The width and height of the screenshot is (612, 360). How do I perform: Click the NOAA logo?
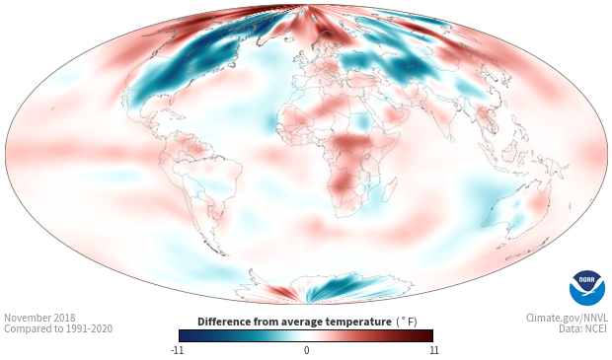587,288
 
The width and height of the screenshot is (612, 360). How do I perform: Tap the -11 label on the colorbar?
177,350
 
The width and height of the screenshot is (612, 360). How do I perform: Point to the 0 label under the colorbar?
306,350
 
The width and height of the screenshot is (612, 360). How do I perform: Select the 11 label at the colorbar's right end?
433,350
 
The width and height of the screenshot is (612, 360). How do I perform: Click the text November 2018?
39,318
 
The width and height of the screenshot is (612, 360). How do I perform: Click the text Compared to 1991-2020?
58,328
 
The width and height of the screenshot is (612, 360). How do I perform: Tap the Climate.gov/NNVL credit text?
567,318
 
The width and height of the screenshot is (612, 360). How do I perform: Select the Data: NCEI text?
583,328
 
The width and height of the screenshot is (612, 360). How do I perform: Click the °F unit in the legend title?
408,322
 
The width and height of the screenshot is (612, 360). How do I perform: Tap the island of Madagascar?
389,189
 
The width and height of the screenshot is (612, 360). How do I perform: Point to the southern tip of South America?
224,254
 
